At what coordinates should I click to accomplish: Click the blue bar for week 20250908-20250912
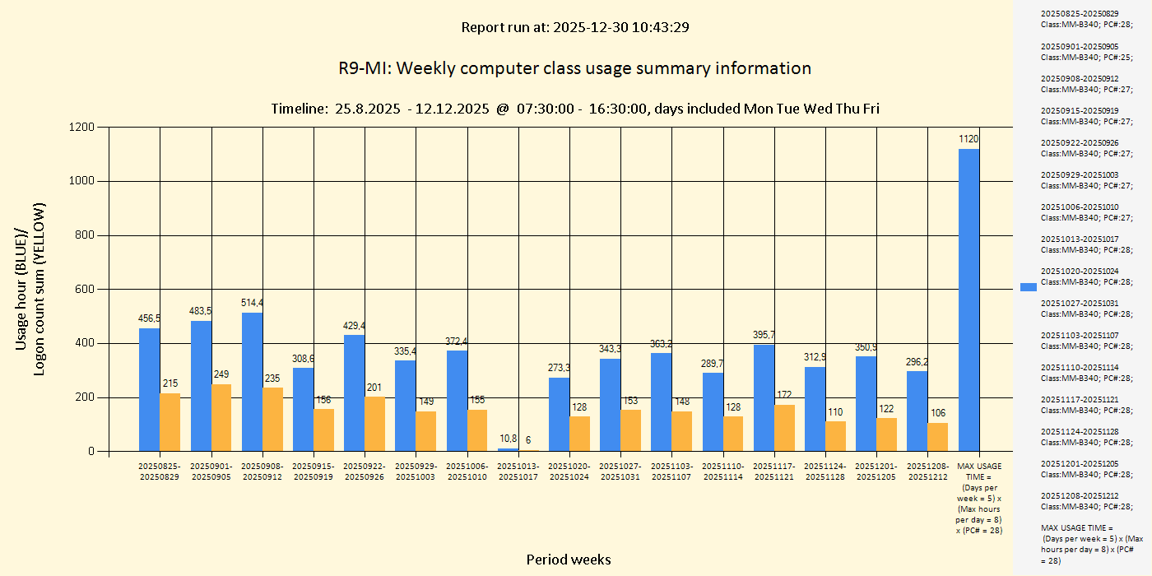point(252,382)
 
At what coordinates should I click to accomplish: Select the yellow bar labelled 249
point(221,417)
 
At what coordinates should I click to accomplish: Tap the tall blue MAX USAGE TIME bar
point(969,300)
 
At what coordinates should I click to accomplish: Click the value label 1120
point(969,139)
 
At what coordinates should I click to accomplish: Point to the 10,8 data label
point(509,439)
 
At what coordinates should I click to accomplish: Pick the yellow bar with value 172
point(784,428)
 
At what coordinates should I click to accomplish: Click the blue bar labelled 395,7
point(764,397)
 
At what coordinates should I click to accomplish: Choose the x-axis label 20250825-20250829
point(160,471)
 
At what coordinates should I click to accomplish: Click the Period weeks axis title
point(569,560)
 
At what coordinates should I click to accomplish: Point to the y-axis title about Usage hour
point(30,289)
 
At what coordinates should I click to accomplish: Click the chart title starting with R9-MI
point(574,68)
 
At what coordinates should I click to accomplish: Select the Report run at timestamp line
point(574,27)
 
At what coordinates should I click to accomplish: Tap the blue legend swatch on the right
point(1029,286)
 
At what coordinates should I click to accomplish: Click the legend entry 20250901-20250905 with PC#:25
point(1084,52)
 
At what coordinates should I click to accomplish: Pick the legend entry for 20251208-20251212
point(1084,501)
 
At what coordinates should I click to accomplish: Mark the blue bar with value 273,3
point(559,414)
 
